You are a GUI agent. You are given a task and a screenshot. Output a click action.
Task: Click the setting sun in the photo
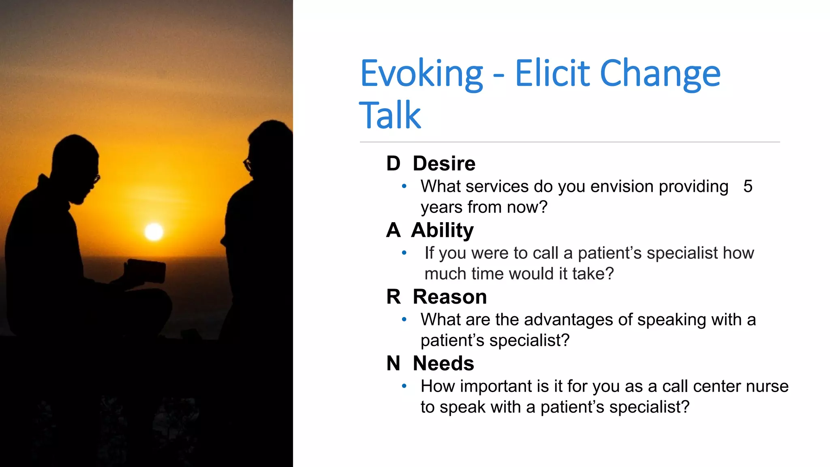pyautogui.click(x=154, y=232)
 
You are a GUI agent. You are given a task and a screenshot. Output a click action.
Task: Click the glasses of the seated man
pyautogui.click(x=96, y=178)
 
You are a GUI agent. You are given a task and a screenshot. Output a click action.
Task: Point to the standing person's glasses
pyautogui.click(x=247, y=164)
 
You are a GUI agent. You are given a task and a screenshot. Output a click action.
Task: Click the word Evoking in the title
pyautogui.click(x=421, y=74)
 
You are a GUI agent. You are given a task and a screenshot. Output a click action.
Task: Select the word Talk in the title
pyautogui.click(x=390, y=116)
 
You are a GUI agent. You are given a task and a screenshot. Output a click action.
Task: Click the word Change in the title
pyautogui.click(x=660, y=74)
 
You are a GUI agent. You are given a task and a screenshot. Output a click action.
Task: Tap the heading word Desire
pyautogui.click(x=444, y=163)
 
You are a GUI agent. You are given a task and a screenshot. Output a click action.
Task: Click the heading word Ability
pyautogui.click(x=442, y=230)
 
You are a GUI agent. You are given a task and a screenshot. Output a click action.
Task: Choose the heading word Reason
pyautogui.click(x=449, y=297)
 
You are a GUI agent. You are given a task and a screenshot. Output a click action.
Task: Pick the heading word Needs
pyautogui.click(x=443, y=363)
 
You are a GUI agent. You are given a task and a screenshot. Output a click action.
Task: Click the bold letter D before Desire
pyautogui.click(x=393, y=163)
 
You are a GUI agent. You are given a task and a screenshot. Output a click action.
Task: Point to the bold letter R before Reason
pyautogui.click(x=393, y=297)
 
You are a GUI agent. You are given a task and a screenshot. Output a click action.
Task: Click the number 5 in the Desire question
pyautogui.click(x=748, y=186)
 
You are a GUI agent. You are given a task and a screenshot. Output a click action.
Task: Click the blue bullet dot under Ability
pyautogui.click(x=404, y=253)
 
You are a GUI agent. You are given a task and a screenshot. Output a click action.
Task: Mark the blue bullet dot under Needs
pyautogui.click(x=404, y=386)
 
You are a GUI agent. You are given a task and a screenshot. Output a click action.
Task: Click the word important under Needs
pyautogui.click(x=496, y=386)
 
